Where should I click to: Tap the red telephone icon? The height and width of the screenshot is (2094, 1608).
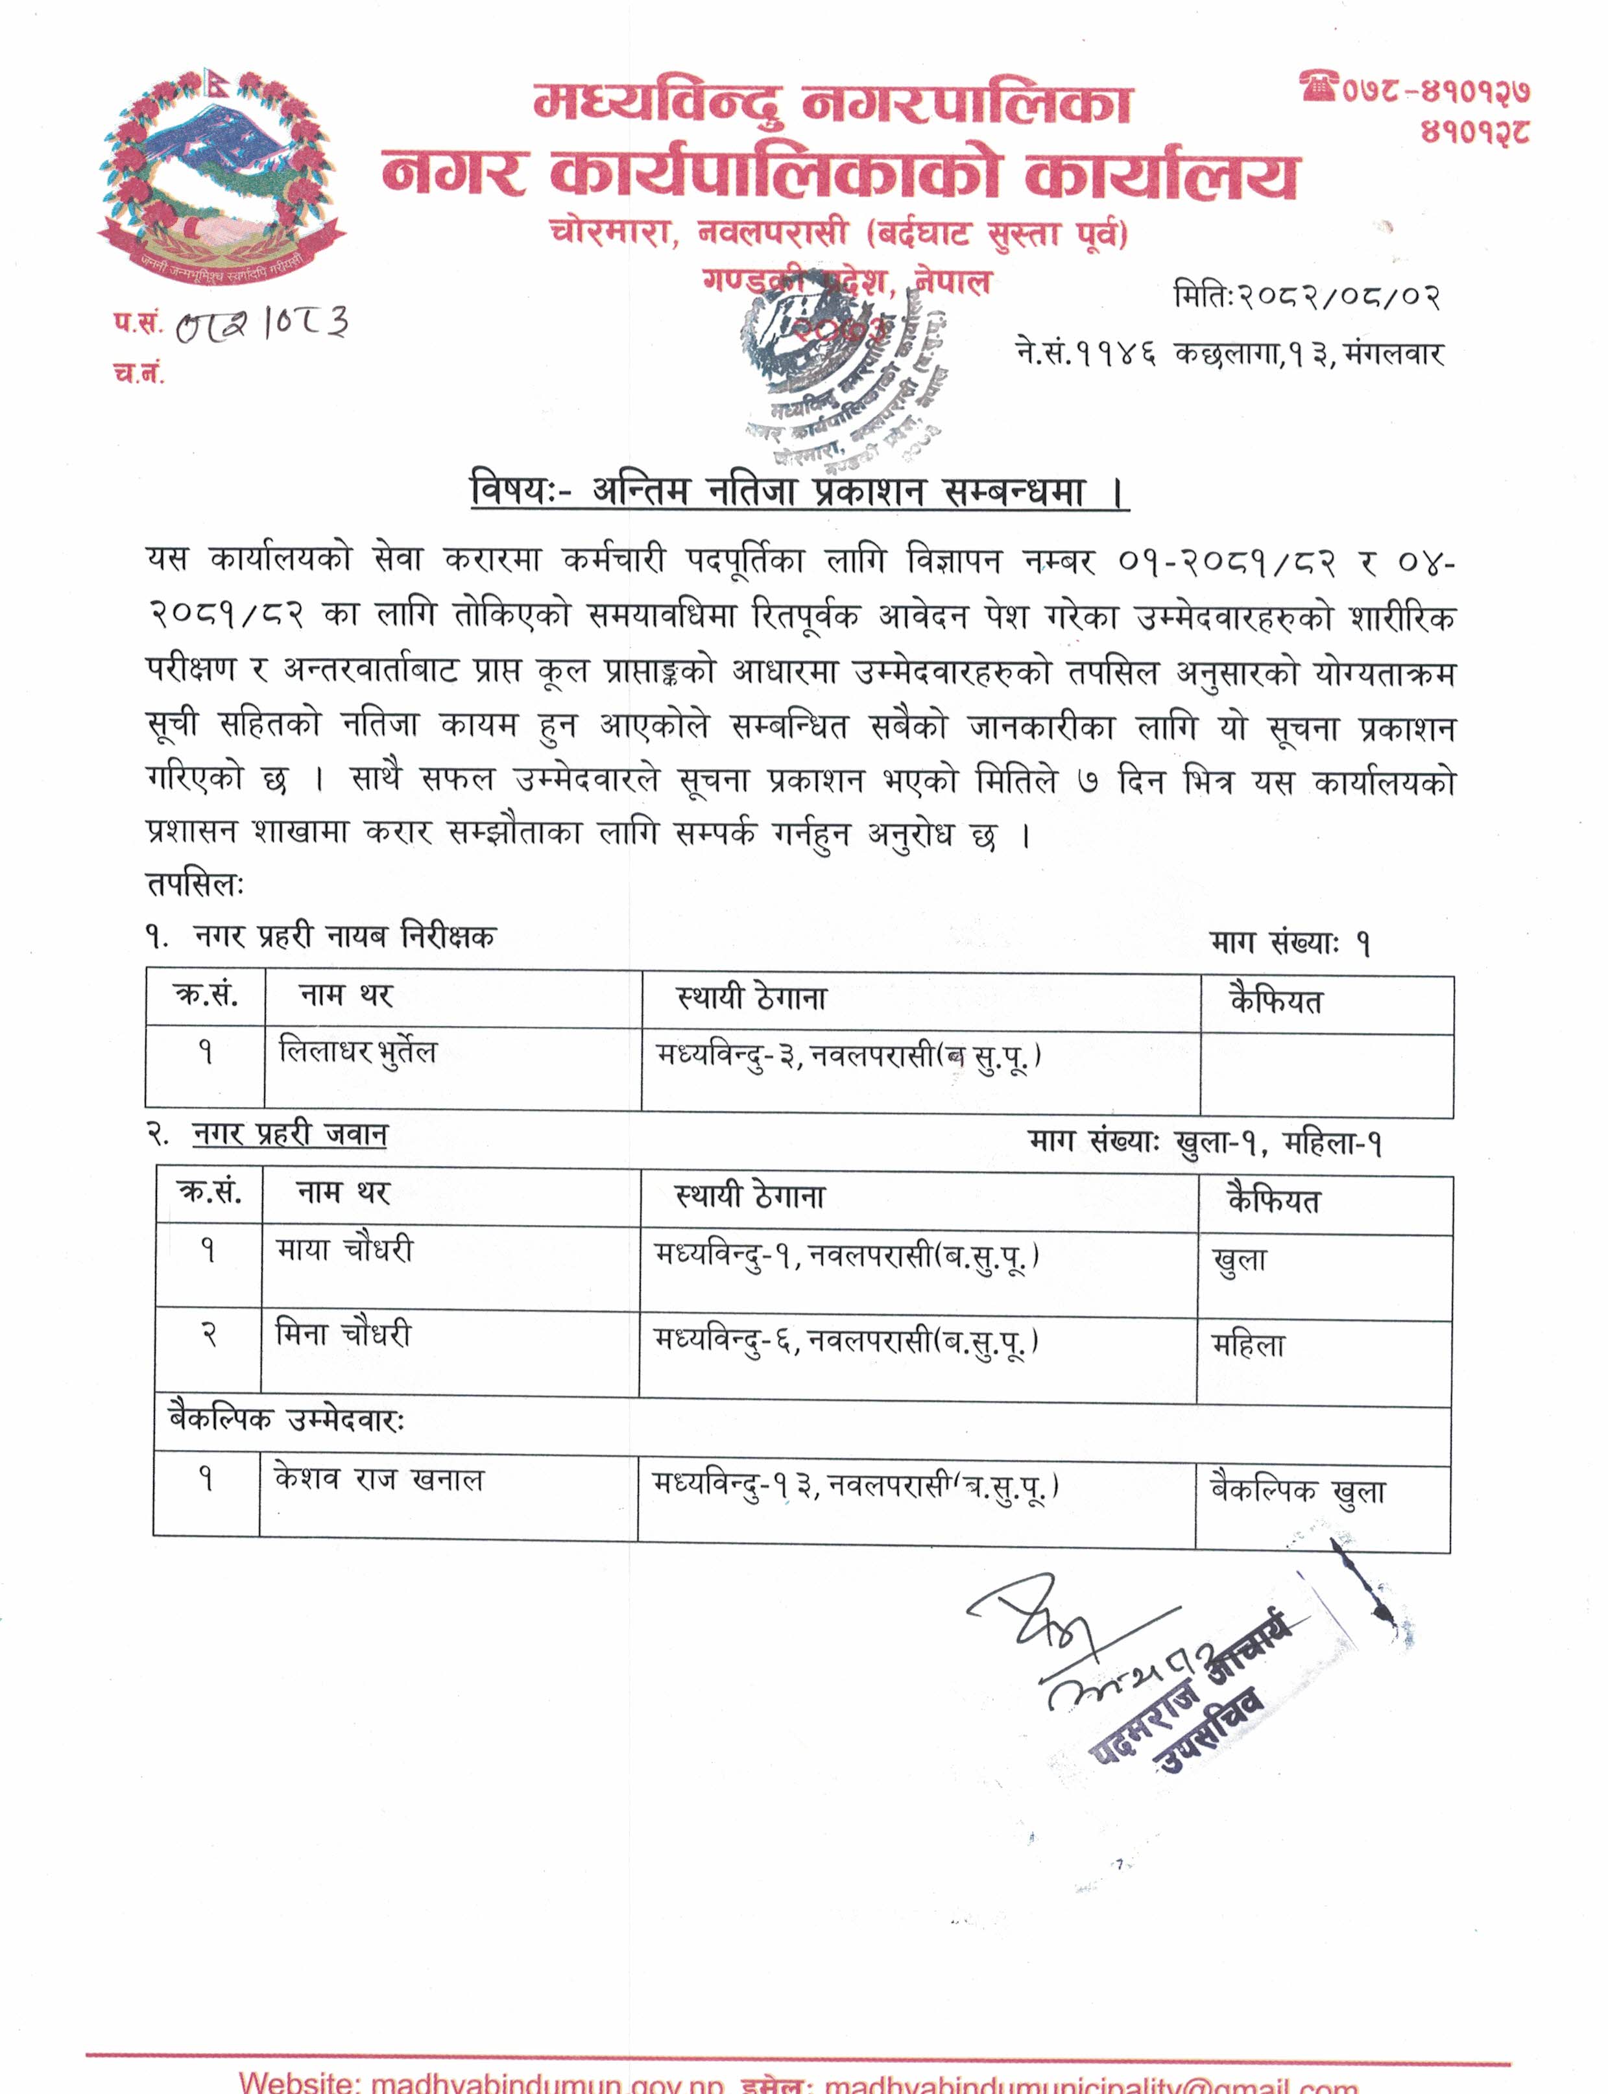(1318, 86)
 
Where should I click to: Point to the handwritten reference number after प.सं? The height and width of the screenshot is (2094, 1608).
(262, 324)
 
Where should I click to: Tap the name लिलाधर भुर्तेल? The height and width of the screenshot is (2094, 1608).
(357, 1052)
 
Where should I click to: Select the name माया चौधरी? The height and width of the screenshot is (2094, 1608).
(344, 1249)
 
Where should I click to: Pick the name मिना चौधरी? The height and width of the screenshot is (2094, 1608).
(342, 1333)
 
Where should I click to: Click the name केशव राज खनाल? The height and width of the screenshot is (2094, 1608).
(379, 1480)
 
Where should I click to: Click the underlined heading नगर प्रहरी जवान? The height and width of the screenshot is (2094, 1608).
(290, 1134)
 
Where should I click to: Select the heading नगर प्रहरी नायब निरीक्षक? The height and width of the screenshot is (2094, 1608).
(344, 936)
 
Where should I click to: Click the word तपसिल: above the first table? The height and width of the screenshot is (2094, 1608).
(195, 885)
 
